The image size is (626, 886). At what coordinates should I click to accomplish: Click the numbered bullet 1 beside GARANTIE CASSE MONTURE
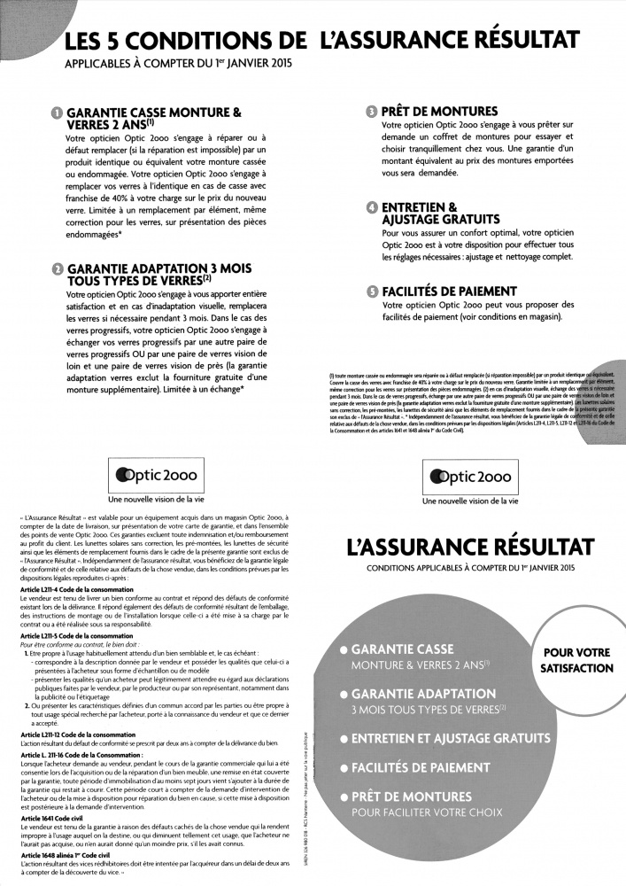coord(57,113)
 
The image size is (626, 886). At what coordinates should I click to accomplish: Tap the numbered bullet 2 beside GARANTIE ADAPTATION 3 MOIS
coord(57,268)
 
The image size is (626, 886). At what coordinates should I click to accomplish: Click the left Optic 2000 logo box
coord(155,476)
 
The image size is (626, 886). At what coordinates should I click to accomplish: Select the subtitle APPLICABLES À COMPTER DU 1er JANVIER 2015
coord(177,65)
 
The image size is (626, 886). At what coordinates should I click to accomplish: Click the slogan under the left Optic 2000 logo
coord(155,501)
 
